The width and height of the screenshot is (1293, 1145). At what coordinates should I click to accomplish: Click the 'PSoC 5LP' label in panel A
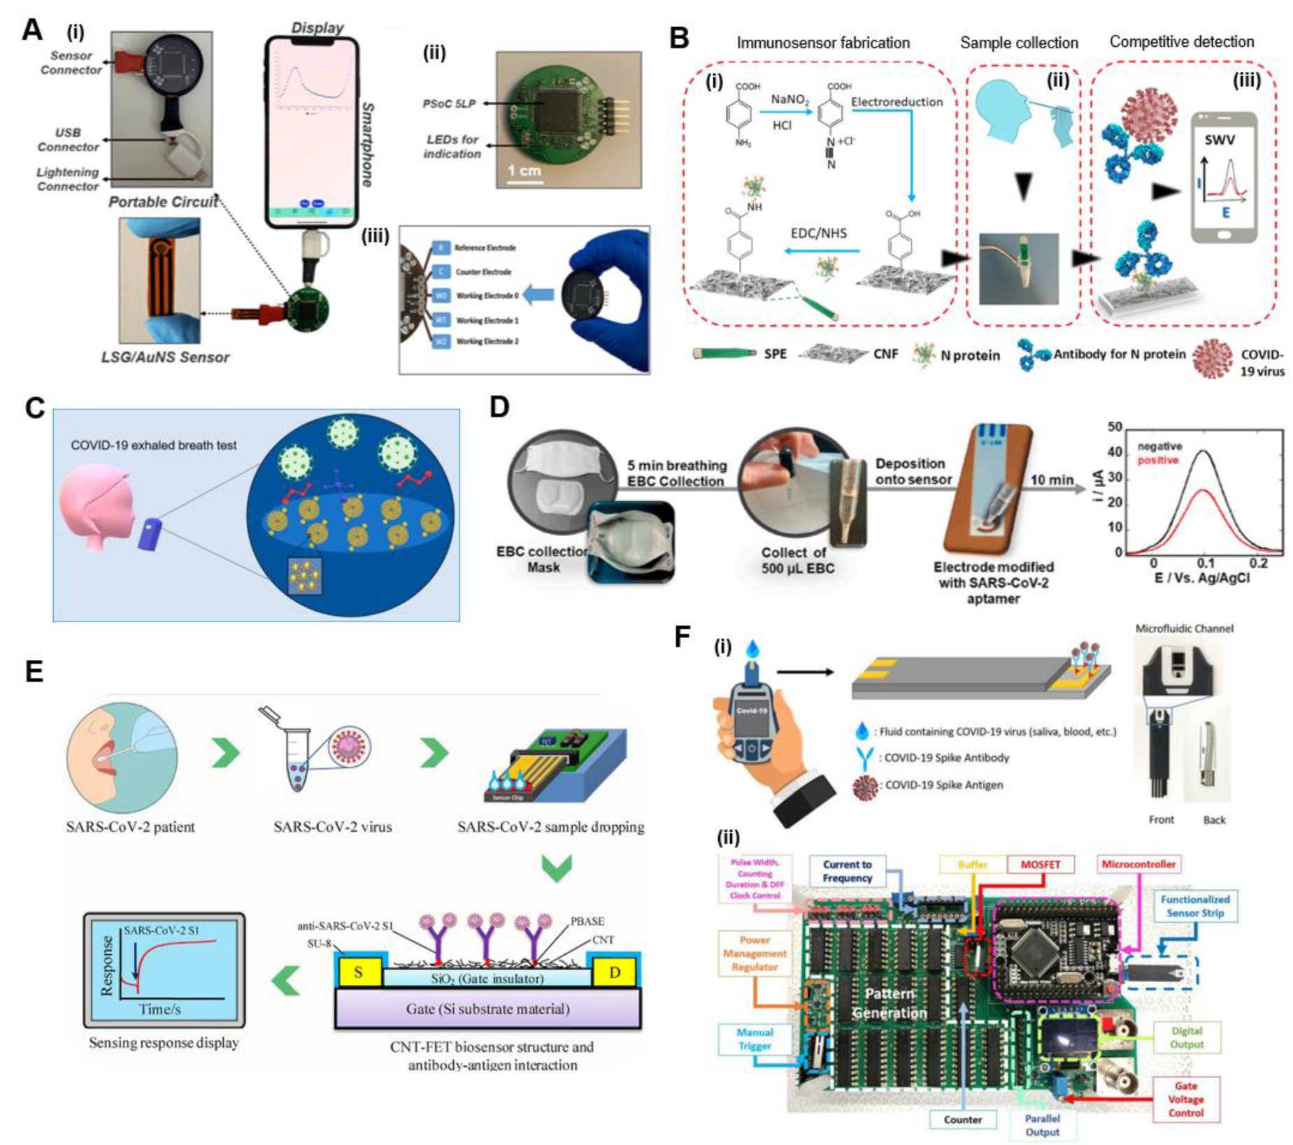(448, 103)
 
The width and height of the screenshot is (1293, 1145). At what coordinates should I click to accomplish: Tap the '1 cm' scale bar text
(524, 171)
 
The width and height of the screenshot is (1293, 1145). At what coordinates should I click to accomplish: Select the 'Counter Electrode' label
(483, 272)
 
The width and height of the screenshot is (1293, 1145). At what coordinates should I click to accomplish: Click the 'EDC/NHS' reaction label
(818, 233)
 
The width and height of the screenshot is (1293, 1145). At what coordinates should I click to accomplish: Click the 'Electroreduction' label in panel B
(896, 102)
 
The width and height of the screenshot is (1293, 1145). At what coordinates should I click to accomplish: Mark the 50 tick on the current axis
(1115, 427)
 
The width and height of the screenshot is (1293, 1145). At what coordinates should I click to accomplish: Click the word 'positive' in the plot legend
(1158, 460)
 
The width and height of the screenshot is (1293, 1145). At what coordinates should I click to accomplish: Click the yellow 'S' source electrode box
(358, 972)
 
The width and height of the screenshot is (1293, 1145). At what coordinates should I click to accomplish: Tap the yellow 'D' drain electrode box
(615, 972)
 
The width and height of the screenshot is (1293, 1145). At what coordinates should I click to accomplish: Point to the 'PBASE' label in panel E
(587, 921)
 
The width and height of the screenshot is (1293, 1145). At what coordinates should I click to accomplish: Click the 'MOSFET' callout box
(1040, 865)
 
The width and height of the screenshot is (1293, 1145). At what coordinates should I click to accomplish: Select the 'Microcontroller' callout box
(1138, 865)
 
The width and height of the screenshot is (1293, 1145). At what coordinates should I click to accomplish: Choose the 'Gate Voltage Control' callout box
(1185, 1099)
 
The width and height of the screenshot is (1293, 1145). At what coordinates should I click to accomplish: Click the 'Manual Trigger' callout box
(755, 1039)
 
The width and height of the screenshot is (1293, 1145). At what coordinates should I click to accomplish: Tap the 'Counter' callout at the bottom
(962, 1119)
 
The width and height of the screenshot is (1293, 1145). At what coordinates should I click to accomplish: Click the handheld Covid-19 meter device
(750, 720)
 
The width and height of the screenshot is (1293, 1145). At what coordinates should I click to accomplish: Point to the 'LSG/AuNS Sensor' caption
(165, 357)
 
